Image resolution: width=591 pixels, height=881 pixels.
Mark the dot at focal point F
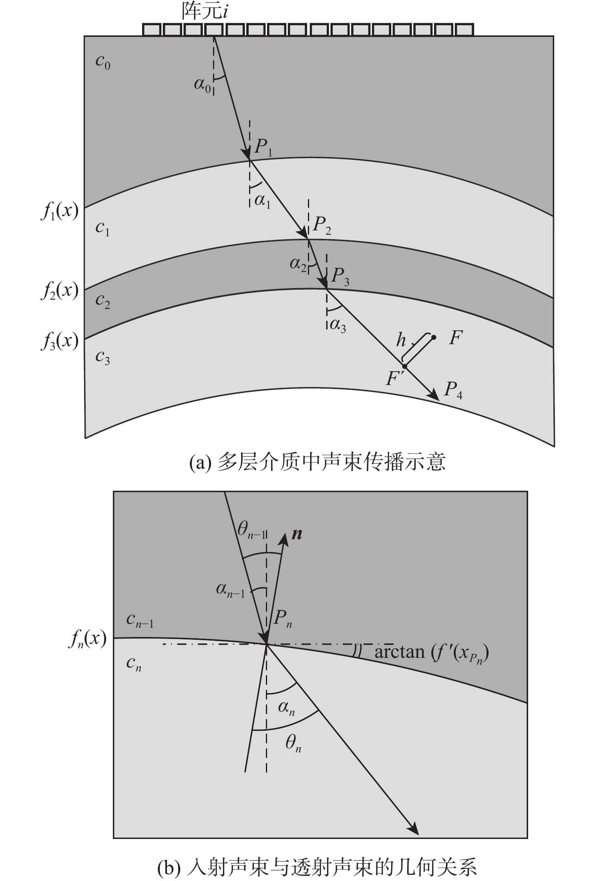click(434, 337)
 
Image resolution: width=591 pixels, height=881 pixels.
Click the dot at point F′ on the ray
click(405, 366)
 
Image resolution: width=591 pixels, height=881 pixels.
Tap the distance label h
click(401, 340)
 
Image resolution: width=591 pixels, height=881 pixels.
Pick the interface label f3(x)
click(59, 342)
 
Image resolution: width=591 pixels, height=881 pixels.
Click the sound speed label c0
click(103, 62)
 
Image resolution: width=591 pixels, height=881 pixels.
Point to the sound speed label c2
click(103, 301)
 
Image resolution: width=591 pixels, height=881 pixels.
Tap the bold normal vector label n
click(297, 534)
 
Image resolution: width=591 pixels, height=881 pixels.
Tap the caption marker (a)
click(200, 463)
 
